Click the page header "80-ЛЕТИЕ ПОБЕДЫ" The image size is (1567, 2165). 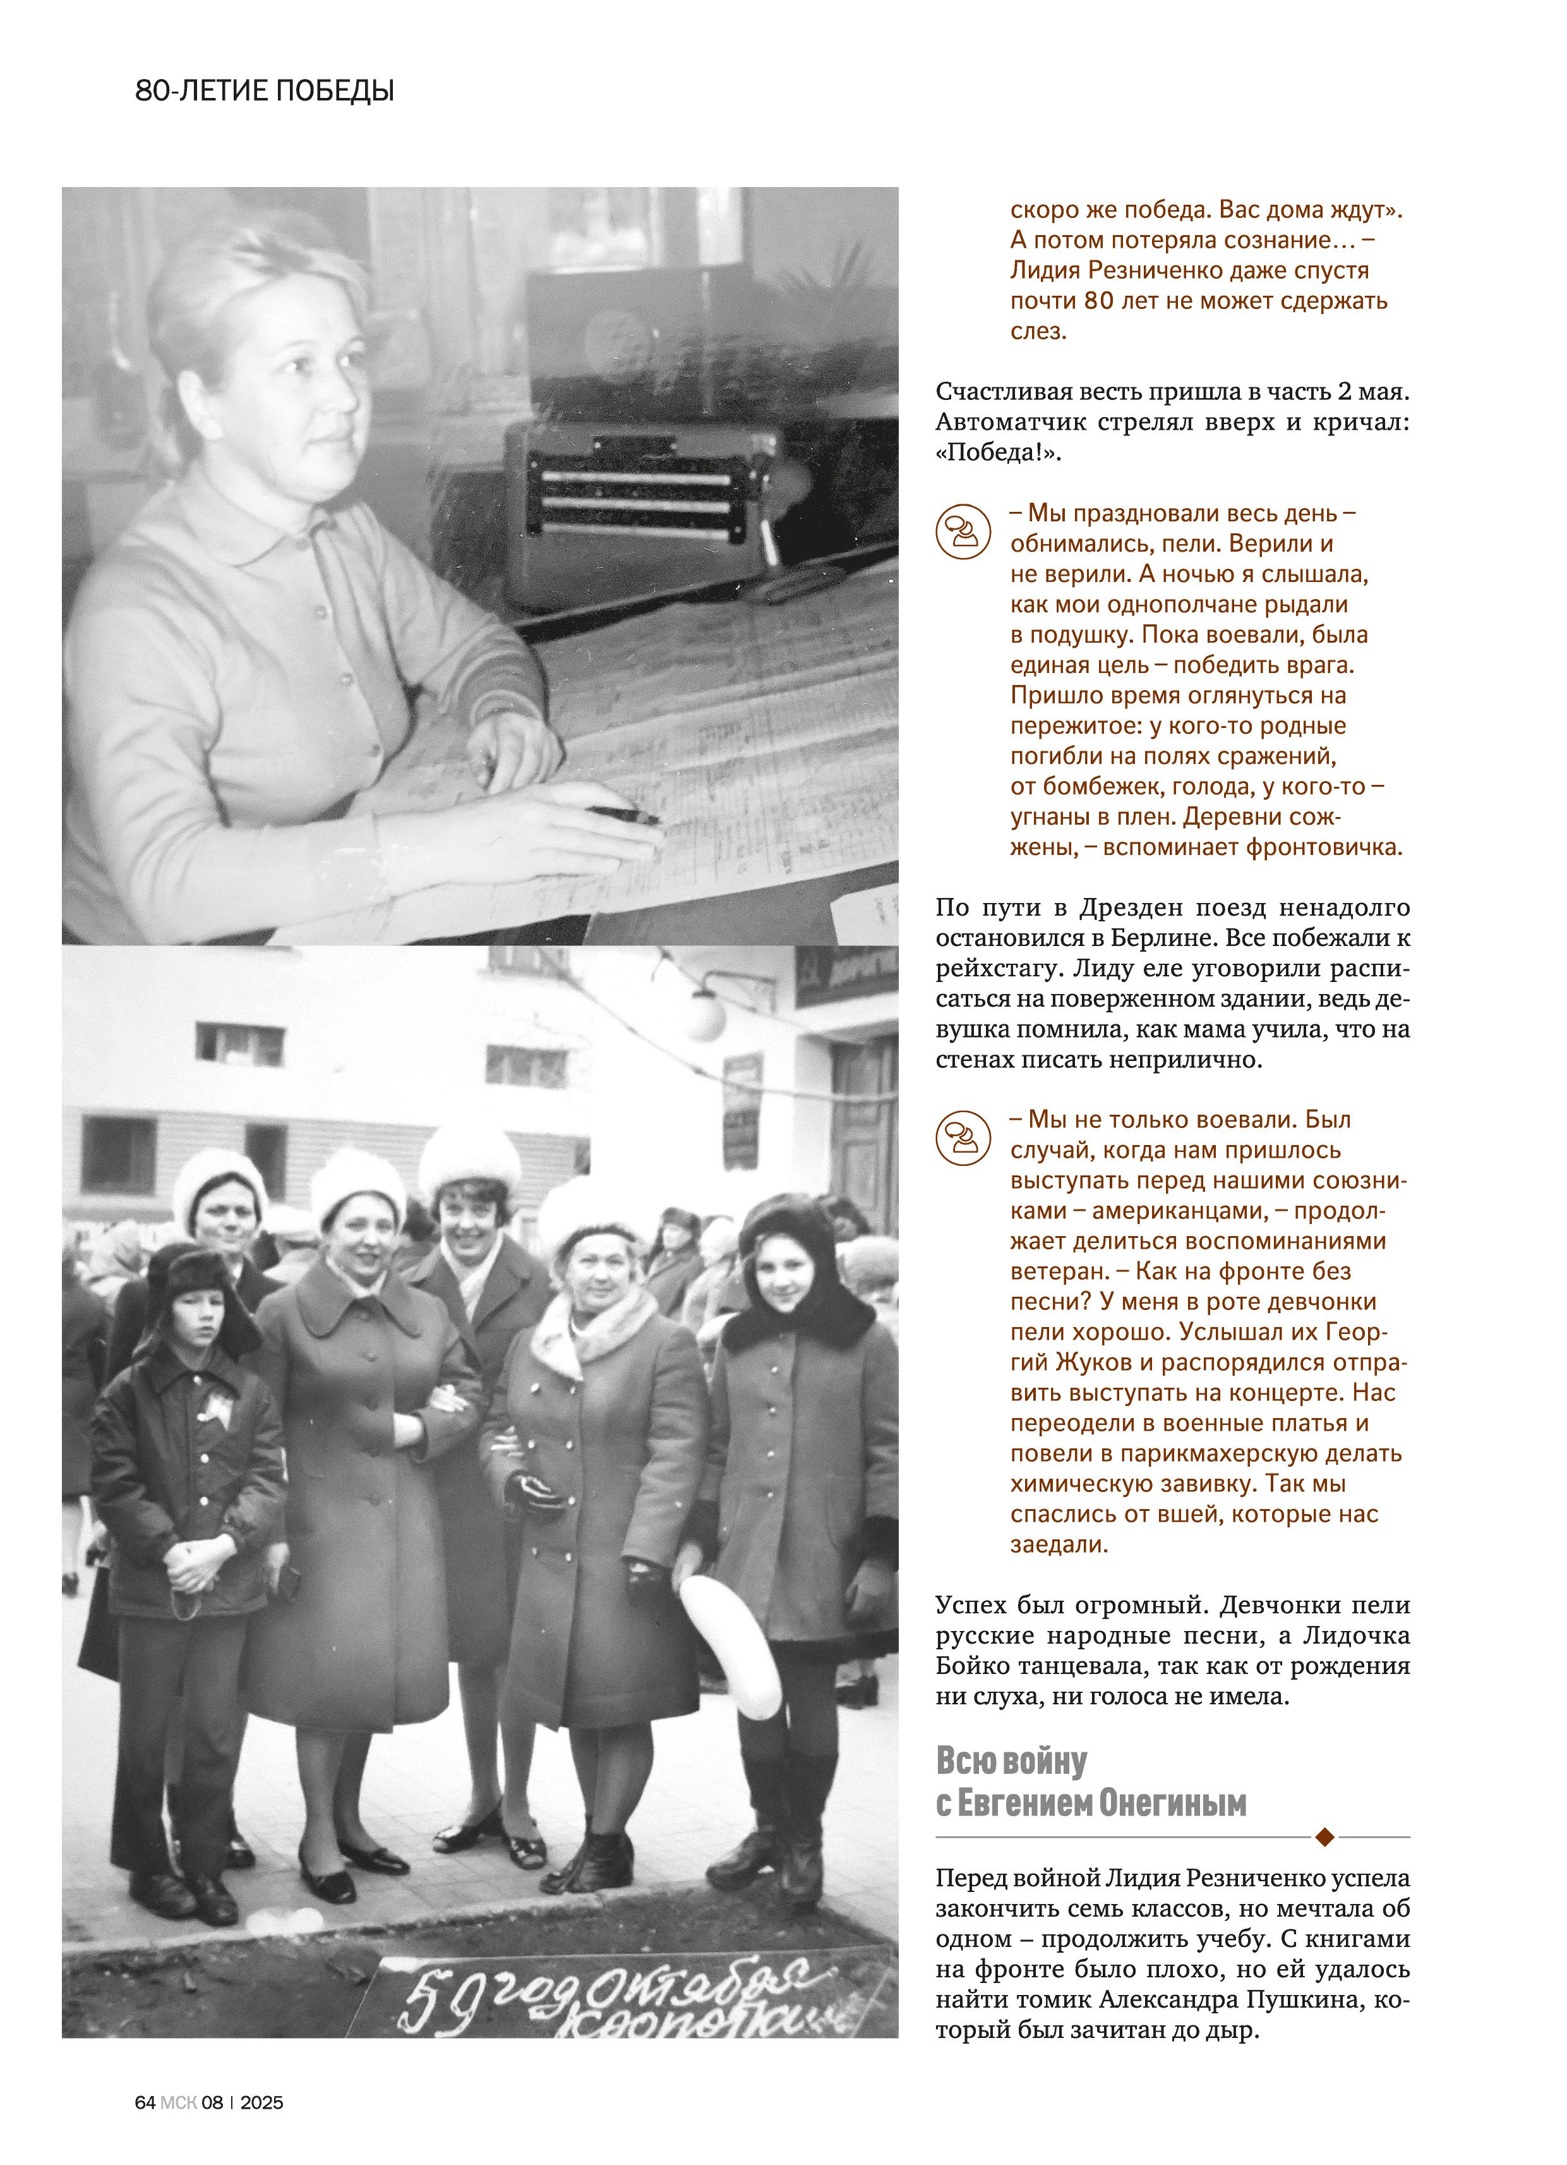click(265, 92)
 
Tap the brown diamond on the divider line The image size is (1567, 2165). click(1324, 1836)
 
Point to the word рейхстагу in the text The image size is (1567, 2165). click(997, 968)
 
